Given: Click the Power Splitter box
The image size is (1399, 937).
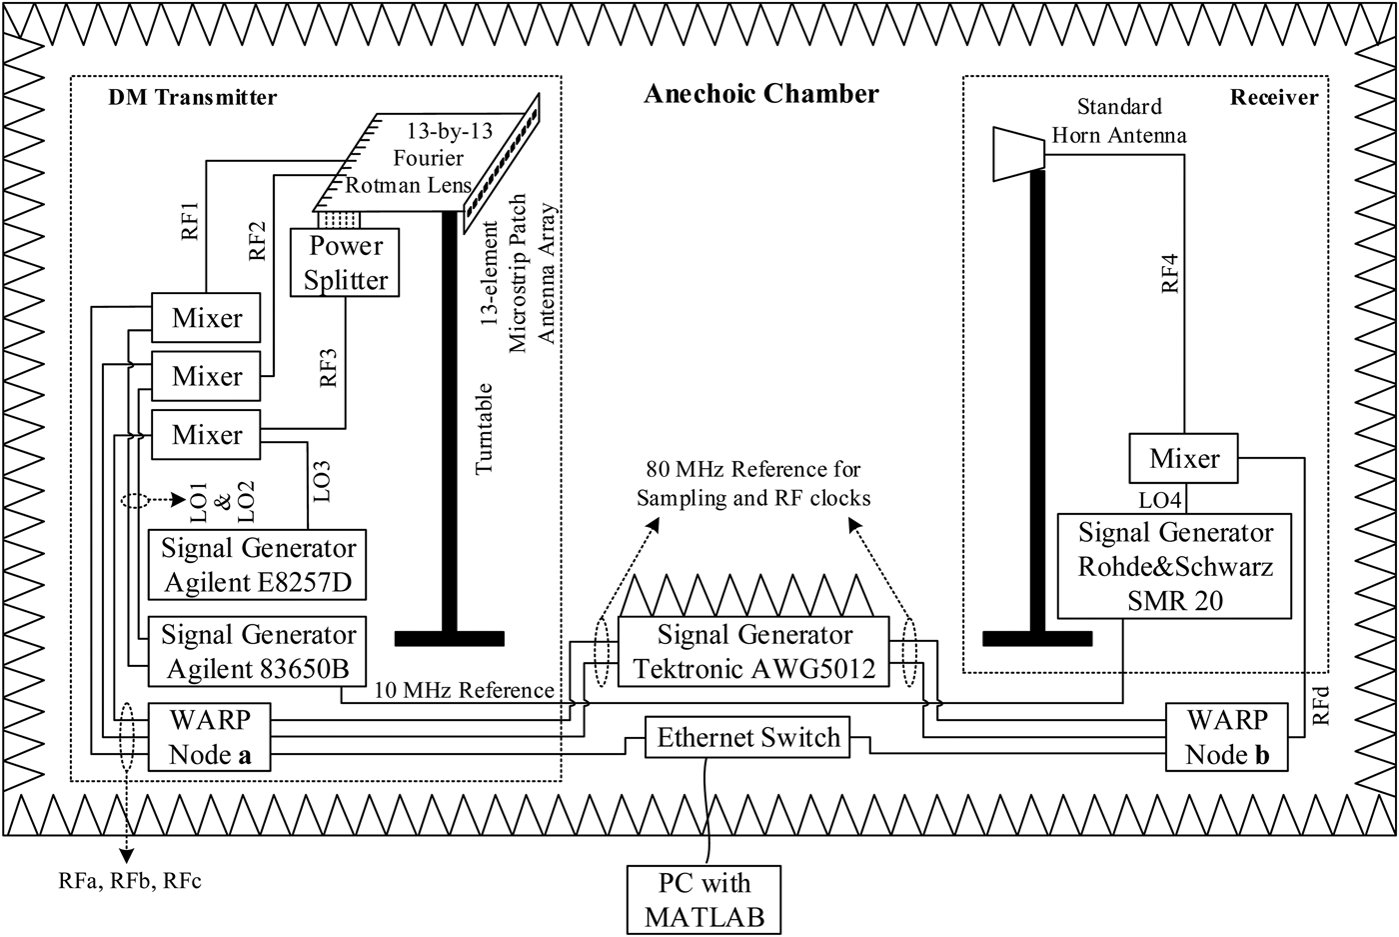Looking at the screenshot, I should [345, 262].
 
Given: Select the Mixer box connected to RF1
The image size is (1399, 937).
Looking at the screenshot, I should [206, 318].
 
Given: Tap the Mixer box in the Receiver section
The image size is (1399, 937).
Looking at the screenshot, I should [1184, 459].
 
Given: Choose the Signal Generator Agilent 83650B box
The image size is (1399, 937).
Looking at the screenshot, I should [257, 651].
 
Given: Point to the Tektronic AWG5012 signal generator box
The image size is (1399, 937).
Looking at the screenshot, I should [753, 651].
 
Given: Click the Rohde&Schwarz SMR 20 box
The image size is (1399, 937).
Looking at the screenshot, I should [1174, 566].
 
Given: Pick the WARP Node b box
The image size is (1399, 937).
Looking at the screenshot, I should [1226, 737].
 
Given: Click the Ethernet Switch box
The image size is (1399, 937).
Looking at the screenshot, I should [748, 738].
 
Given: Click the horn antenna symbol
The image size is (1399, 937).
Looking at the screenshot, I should [1017, 153].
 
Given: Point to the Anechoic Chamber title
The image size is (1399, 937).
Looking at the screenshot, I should [760, 94].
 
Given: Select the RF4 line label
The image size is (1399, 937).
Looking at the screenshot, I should [1169, 273].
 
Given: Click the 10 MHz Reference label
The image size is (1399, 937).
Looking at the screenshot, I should [464, 690].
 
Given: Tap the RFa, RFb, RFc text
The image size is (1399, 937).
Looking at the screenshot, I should [130, 881].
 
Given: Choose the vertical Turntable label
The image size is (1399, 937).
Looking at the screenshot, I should [485, 429].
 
